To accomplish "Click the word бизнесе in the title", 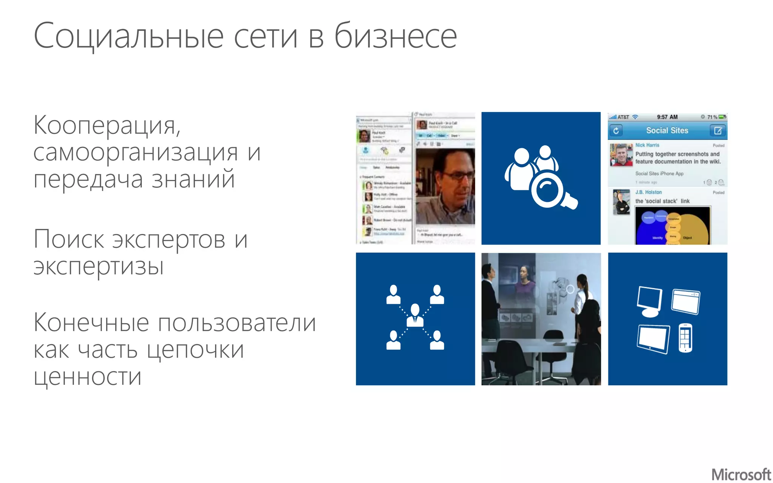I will point(396,36).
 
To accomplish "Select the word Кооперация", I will point(107,126).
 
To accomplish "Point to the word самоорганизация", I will point(136,153).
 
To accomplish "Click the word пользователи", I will point(237,324).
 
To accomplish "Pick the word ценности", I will point(88,377).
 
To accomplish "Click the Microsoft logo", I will point(741,474).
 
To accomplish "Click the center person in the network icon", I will point(415,315).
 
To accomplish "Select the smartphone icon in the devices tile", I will point(685,338).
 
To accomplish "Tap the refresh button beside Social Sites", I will point(616,131).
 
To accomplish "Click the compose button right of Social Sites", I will point(718,131).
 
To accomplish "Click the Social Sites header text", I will point(667,131).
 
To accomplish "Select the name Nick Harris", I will point(647,145).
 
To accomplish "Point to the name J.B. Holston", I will point(648,192).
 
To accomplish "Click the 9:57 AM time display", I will point(667,117).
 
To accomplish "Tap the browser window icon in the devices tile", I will point(685,301).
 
